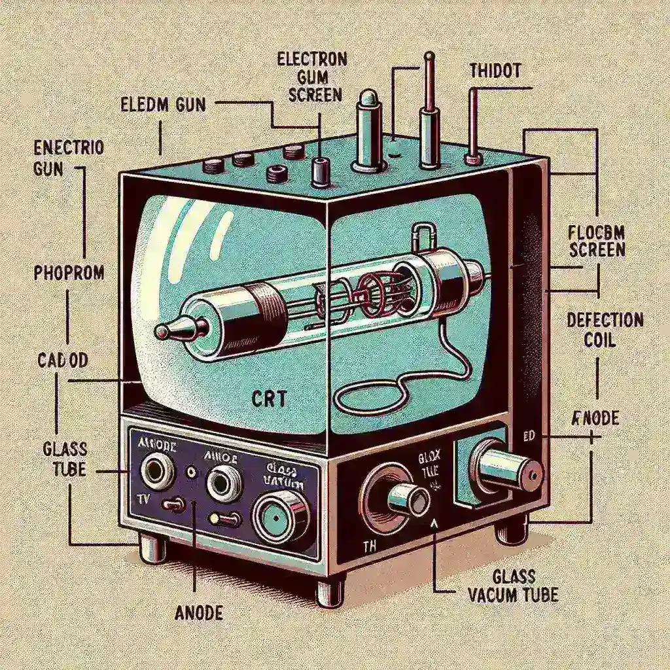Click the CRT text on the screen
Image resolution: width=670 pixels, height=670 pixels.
pos(268,398)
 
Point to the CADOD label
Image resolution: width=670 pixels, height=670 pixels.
pos(63,361)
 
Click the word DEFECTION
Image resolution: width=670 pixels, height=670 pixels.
pos(605,321)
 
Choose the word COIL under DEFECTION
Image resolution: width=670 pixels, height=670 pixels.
pos(605,341)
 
